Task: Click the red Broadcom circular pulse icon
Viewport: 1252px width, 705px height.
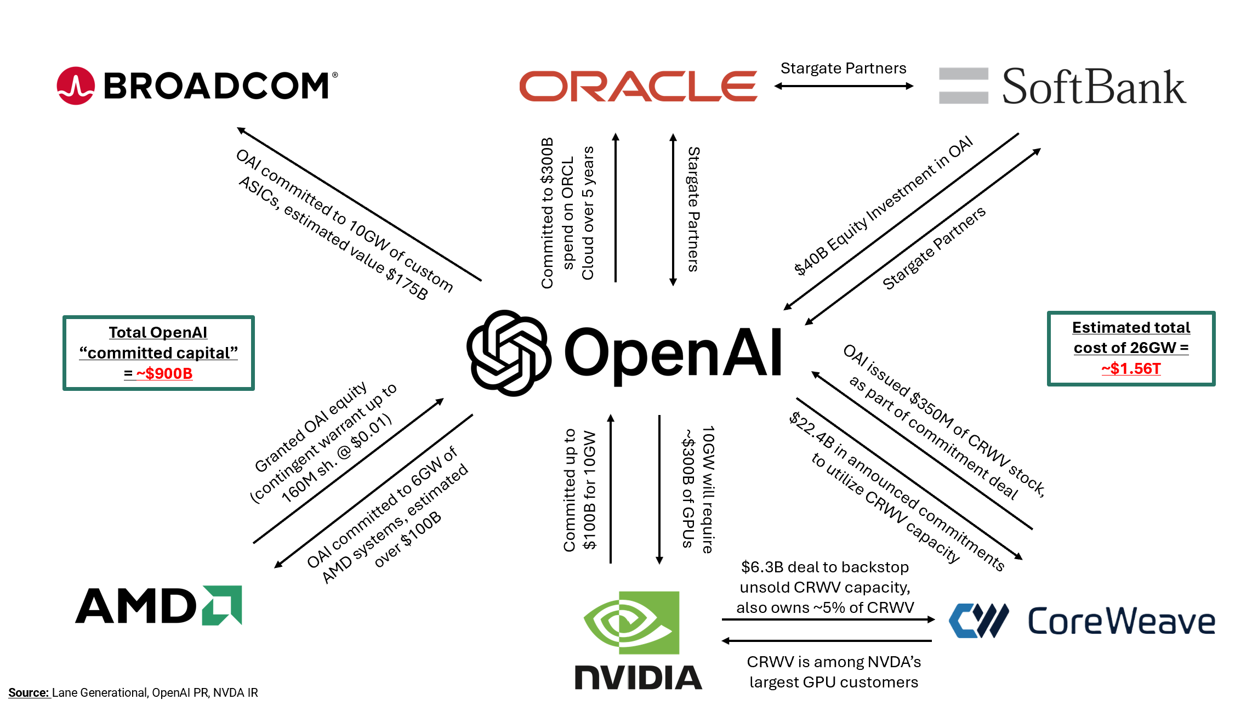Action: pos(76,86)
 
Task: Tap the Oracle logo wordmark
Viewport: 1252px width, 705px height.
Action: pos(638,86)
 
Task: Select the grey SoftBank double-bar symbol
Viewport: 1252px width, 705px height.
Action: pos(963,86)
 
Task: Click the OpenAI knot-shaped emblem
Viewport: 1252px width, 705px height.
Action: pos(508,352)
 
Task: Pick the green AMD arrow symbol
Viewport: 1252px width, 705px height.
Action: pos(222,605)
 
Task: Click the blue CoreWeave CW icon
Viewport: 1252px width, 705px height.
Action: pos(978,621)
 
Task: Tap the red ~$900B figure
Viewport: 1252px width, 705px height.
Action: pos(164,373)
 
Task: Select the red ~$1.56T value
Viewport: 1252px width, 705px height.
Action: pos(1131,368)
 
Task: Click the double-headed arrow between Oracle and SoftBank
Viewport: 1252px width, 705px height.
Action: pos(844,86)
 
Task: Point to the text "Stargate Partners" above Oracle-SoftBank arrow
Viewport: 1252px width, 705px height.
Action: pos(843,68)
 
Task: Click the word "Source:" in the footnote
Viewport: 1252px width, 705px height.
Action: pos(29,692)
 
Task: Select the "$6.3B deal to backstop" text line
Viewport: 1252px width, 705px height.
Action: pos(824,567)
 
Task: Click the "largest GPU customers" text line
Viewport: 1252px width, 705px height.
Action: pos(833,682)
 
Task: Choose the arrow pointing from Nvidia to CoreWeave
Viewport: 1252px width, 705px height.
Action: pos(828,619)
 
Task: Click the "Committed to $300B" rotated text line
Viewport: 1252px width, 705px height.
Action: pos(547,213)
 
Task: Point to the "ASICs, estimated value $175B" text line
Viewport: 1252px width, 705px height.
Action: pos(333,238)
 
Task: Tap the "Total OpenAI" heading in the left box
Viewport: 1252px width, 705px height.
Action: pos(158,332)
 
